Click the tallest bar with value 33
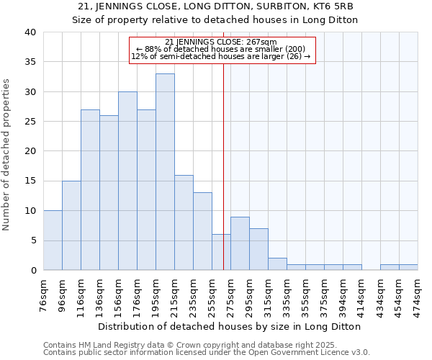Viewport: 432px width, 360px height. click(165, 172)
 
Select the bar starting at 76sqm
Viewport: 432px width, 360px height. click(53, 240)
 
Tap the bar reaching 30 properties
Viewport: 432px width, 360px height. click(127, 181)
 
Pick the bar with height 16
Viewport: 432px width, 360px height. click(184, 222)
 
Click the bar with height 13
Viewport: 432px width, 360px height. click(202, 231)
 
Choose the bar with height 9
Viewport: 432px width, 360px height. click(240, 243)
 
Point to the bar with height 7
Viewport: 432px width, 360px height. click(258, 249)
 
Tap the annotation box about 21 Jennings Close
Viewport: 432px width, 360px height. click(222, 50)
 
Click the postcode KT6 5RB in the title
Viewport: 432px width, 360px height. click(336, 6)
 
